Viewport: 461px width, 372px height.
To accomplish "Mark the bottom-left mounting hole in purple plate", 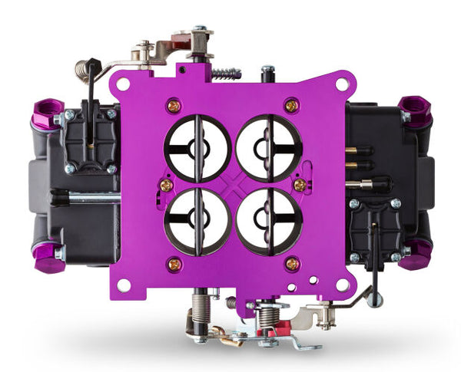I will [x=122, y=285].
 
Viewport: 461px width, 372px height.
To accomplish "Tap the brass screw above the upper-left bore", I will [x=174, y=105].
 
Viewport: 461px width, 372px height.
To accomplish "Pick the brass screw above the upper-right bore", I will [x=291, y=105].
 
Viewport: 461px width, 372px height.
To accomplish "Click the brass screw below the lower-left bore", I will [x=174, y=265].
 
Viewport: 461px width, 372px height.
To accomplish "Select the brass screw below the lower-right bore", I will [x=291, y=265].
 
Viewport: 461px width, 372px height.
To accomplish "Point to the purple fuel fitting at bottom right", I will [x=416, y=254].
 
